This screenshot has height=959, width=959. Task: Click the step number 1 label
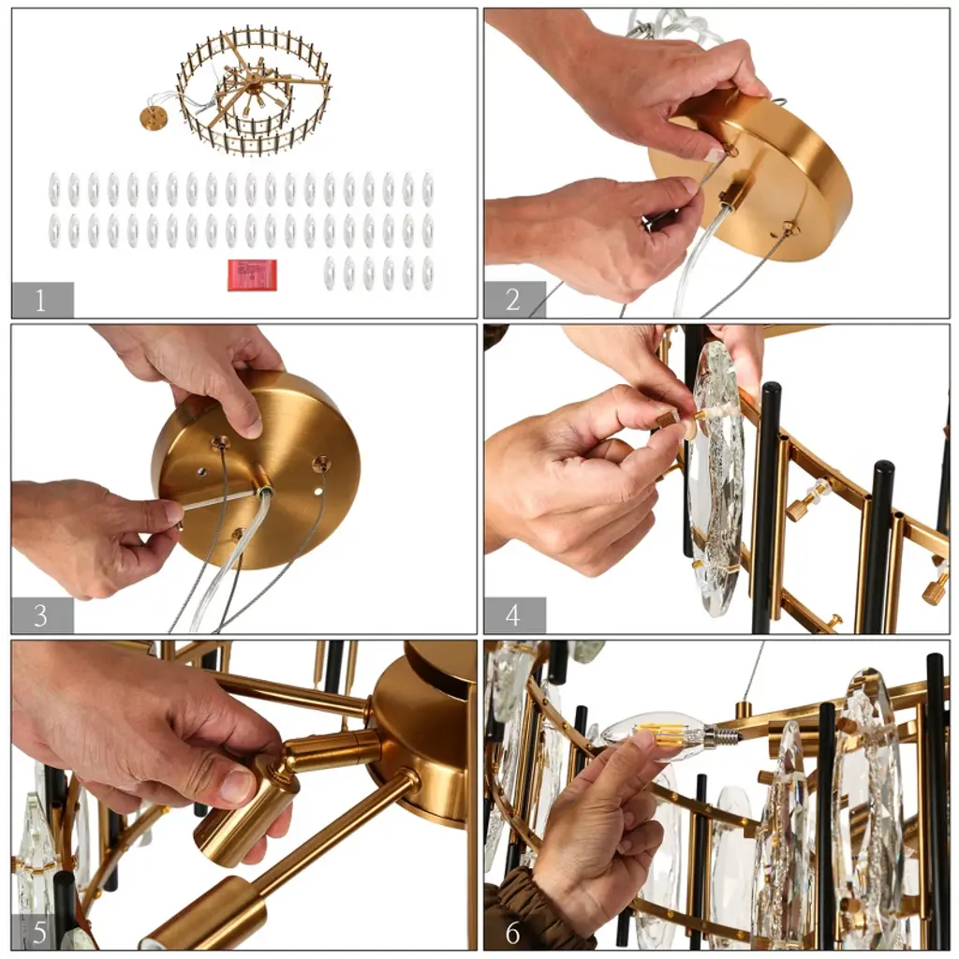(x=40, y=301)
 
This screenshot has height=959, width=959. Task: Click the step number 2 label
(x=513, y=300)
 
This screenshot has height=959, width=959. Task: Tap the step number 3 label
(x=40, y=615)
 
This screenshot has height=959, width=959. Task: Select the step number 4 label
(x=513, y=615)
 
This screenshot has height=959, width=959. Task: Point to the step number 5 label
(x=39, y=932)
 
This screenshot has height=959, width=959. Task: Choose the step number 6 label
(x=512, y=932)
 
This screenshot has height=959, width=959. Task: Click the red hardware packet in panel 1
(x=252, y=275)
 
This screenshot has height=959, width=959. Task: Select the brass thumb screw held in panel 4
(x=667, y=420)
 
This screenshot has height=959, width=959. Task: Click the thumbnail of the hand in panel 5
(x=235, y=785)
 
